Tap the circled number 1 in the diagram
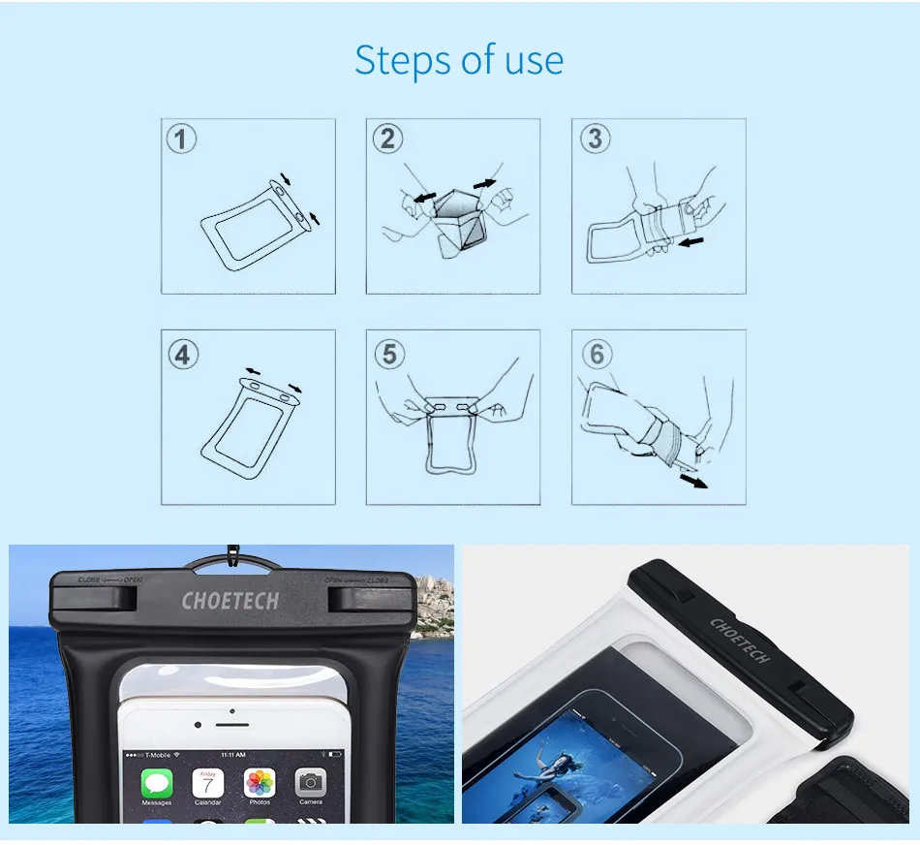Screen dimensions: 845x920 tap(181, 140)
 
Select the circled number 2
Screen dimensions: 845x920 tap(387, 140)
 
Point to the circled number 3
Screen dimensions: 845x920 tap(595, 140)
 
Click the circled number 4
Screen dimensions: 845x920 tap(183, 354)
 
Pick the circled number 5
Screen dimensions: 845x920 tap(389, 354)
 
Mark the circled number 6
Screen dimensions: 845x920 tap(597, 354)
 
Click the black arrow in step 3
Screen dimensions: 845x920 tap(690, 241)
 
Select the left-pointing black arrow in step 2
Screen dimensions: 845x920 tap(422, 197)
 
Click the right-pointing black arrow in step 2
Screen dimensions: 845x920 tap(484, 183)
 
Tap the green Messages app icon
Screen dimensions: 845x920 tap(157, 783)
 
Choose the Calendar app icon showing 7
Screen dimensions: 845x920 tap(208, 783)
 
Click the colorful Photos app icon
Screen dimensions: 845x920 tap(260, 783)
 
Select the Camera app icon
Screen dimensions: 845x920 tap(310, 783)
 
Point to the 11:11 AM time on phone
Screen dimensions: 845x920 tap(233, 754)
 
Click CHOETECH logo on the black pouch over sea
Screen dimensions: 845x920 tap(230, 601)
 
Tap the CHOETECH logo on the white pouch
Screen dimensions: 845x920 tap(740, 641)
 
